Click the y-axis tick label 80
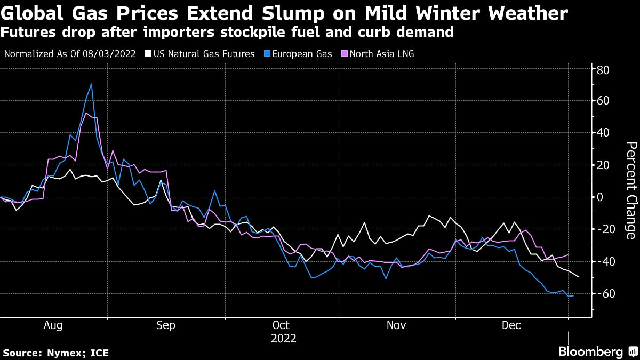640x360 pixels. [x=603, y=69]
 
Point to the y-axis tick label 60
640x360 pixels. [x=603, y=101]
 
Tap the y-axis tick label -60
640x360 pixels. [x=605, y=294]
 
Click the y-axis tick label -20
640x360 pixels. [x=605, y=229]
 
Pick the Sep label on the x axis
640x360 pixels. [x=165, y=325]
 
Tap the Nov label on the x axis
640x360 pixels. [x=396, y=325]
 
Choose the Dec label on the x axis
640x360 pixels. [x=511, y=325]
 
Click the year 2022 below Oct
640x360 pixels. [x=284, y=338]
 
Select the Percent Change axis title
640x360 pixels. [x=630, y=190]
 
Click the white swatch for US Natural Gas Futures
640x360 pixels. [x=150, y=54]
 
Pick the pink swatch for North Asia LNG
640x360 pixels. [x=345, y=54]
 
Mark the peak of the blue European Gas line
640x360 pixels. [x=92, y=84]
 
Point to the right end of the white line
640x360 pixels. [x=579, y=277]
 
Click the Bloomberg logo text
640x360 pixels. [x=590, y=351]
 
